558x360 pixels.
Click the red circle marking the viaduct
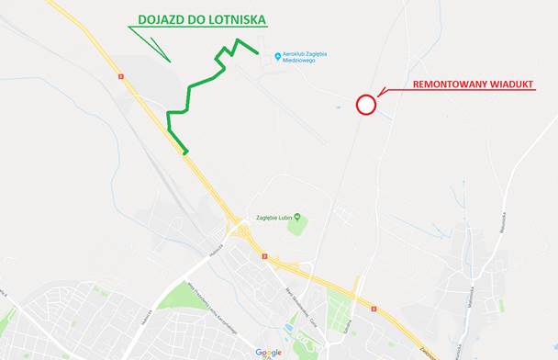[x=366, y=104]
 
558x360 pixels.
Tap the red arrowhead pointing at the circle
[x=380, y=94]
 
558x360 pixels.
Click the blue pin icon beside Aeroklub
[x=277, y=56]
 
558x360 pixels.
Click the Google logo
[x=269, y=352]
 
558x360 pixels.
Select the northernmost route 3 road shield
[x=120, y=76]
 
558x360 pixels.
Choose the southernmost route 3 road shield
[x=265, y=255]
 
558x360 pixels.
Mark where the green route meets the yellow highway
[x=186, y=152]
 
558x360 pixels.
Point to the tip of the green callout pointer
[x=170, y=61]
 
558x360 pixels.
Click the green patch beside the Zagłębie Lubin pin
[x=296, y=227]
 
